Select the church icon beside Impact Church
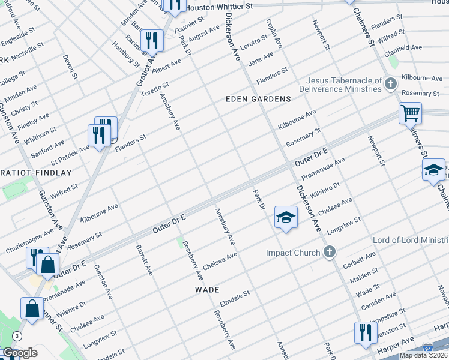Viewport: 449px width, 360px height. coord(329,253)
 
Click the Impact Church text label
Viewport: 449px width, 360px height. coord(293,253)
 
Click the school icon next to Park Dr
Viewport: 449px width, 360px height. coord(286,217)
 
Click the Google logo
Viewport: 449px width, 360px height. coord(20,353)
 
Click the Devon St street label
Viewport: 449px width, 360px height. coord(71,67)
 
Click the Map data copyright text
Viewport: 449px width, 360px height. coord(423,355)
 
